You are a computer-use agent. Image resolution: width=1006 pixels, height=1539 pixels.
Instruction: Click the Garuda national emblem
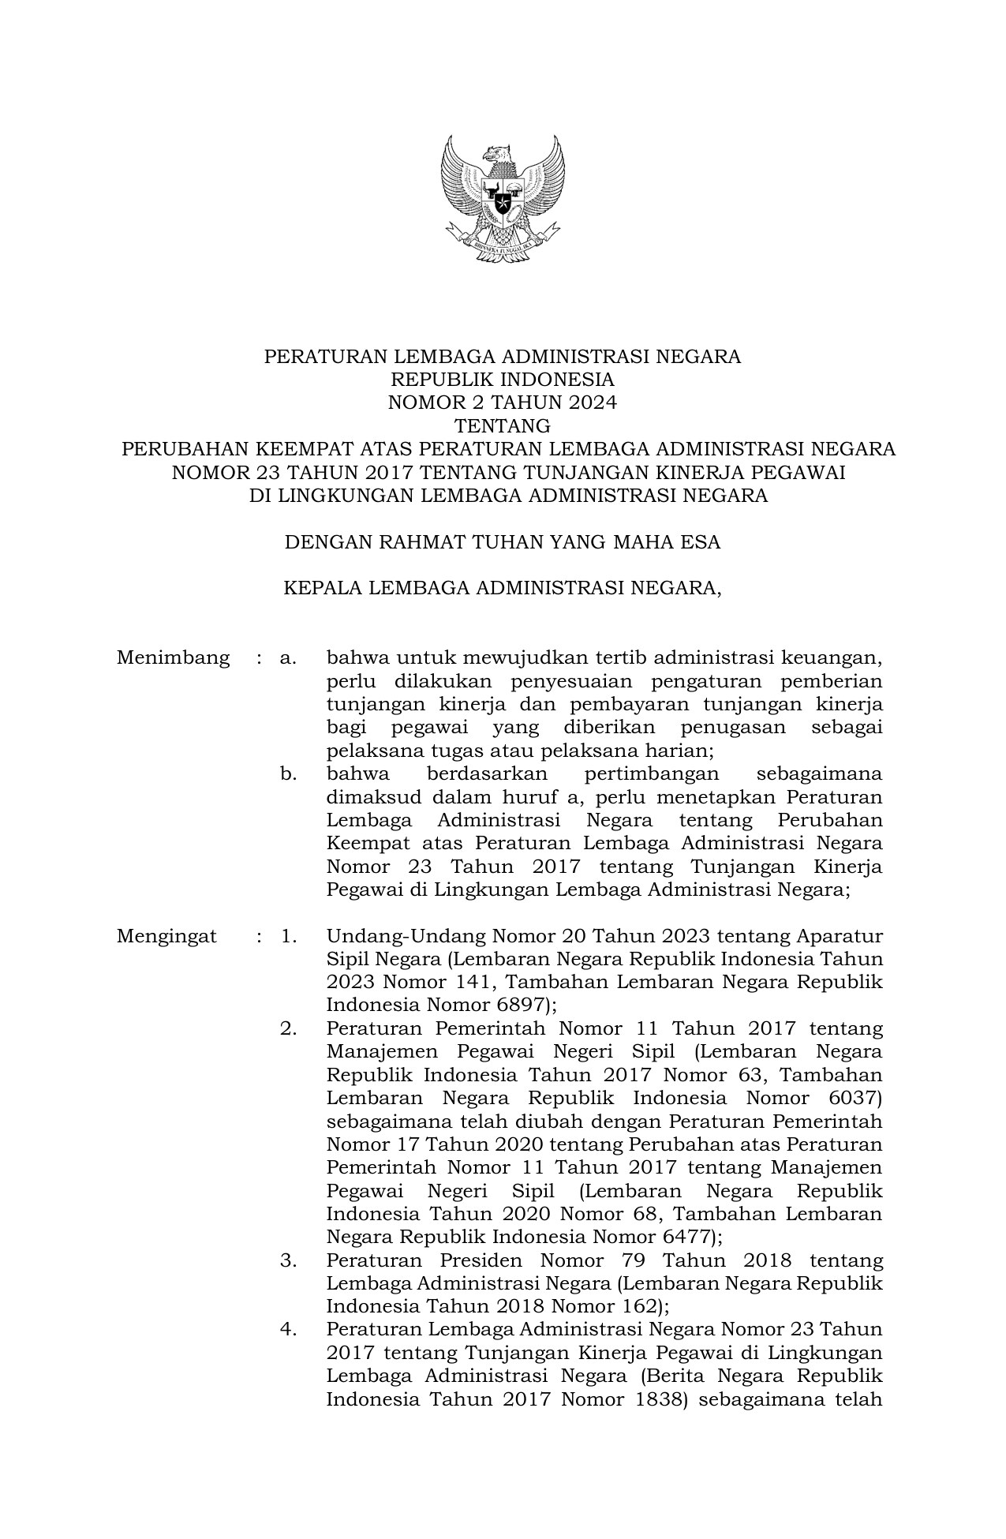pyautogui.click(x=503, y=198)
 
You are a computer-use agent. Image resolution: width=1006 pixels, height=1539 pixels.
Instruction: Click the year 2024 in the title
pyautogui.click(x=592, y=403)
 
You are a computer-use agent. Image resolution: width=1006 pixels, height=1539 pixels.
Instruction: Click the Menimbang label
pyautogui.click(x=173, y=657)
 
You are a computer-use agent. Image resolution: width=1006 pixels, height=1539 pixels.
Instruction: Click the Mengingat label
pyautogui.click(x=166, y=936)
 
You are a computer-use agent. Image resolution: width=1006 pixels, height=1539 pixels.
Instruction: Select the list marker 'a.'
pyautogui.click(x=287, y=657)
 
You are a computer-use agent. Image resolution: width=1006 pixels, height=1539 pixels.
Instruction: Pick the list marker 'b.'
pyautogui.click(x=288, y=773)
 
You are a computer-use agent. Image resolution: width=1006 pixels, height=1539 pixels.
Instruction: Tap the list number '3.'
pyautogui.click(x=288, y=1260)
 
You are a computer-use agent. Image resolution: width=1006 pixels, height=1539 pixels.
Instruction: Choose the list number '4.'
pyautogui.click(x=288, y=1330)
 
